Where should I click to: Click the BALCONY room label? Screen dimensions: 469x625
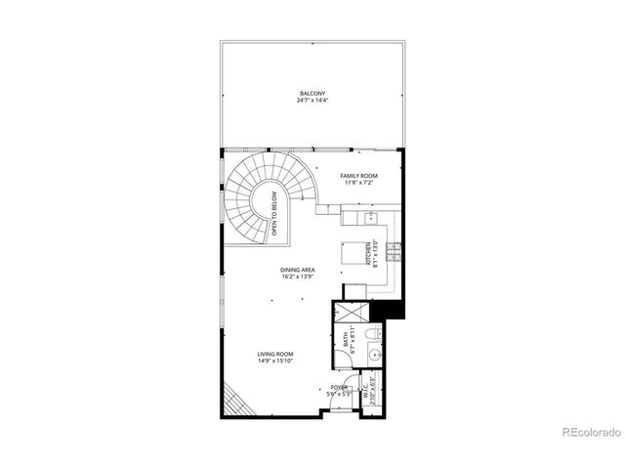[x=312, y=94]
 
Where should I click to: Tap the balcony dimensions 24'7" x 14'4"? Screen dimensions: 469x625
[x=312, y=101]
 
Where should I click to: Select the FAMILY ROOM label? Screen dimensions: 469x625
[x=358, y=175]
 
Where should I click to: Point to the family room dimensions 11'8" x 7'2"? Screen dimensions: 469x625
[x=358, y=182]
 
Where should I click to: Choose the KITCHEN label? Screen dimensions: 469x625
[x=368, y=253]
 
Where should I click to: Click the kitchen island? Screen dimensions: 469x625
[x=353, y=253]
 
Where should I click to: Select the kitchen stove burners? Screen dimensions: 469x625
[x=395, y=253]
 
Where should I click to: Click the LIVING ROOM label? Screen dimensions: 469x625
[x=275, y=354]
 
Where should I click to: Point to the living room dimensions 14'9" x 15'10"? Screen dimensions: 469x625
[x=275, y=361]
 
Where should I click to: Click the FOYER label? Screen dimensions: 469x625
[x=339, y=387]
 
